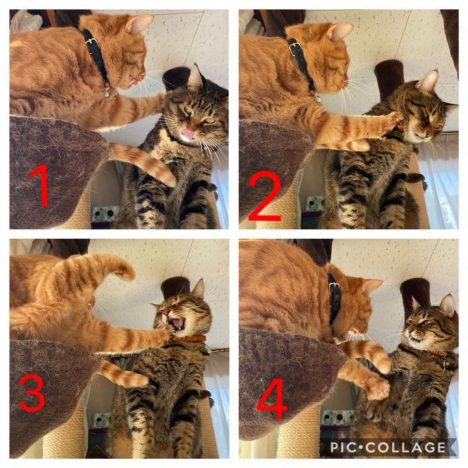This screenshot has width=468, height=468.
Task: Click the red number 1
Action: pyautogui.click(x=40, y=185)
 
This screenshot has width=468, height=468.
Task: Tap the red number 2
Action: pyautogui.click(x=265, y=196)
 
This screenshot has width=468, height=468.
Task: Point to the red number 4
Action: pyautogui.click(x=272, y=399)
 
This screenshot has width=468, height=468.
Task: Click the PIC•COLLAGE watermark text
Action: pyautogui.click(x=388, y=447)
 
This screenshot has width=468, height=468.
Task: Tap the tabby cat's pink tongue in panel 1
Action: pyautogui.click(x=188, y=133)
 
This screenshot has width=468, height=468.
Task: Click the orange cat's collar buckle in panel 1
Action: pyautogui.click(x=92, y=42)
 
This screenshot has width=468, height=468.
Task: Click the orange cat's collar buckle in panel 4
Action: pyautogui.click(x=334, y=287)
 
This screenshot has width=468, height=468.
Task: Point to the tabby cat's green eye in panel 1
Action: pyautogui.click(x=210, y=120)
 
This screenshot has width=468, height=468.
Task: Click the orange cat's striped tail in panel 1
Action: pyautogui.click(x=143, y=162)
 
